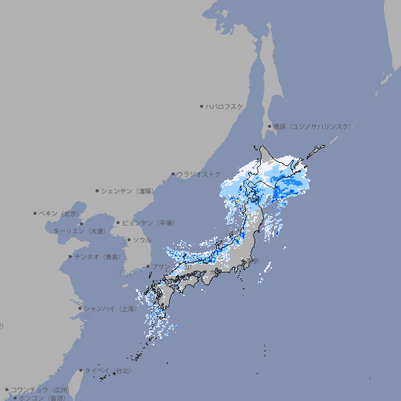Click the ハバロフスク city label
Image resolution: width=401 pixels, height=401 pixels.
(224, 106)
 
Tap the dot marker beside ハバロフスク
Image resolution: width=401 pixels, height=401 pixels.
(201, 106)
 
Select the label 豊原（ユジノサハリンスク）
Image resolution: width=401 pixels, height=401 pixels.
(312, 126)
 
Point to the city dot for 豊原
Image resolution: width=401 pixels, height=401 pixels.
(269, 126)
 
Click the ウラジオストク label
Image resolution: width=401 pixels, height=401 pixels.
(199, 174)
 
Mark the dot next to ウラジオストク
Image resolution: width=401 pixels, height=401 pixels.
(173, 174)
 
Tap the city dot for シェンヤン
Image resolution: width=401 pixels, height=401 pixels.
(98, 190)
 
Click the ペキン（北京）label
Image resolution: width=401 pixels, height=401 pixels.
(60, 213)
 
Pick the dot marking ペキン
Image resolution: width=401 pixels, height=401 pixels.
(35, 213)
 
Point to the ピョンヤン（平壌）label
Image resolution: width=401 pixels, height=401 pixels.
(148, 222)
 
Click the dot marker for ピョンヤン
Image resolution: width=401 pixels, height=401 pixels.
(119, 222)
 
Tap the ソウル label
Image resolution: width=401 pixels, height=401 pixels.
(141, 240)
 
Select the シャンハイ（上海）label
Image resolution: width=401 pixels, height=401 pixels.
(110, 309)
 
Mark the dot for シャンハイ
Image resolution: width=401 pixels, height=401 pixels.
(79, 309)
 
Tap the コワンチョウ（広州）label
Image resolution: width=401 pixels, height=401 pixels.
(40, 389)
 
